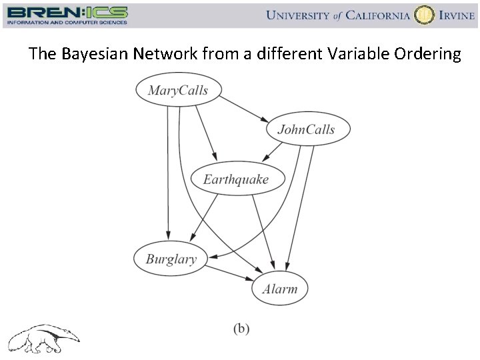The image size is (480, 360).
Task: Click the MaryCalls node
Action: pos(178,90)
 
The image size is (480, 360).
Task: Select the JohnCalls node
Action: pos(306,129)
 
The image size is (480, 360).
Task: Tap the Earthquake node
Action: pos(236,179)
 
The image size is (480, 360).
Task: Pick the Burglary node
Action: pos(171,259)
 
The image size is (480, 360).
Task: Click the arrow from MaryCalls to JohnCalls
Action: pos(243,108)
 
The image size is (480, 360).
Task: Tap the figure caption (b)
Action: pos(241,328)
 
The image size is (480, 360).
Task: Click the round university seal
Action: pos(423,15)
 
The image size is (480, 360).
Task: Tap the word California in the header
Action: pos(377,15)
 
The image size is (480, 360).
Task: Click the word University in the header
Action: pos(299,15)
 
